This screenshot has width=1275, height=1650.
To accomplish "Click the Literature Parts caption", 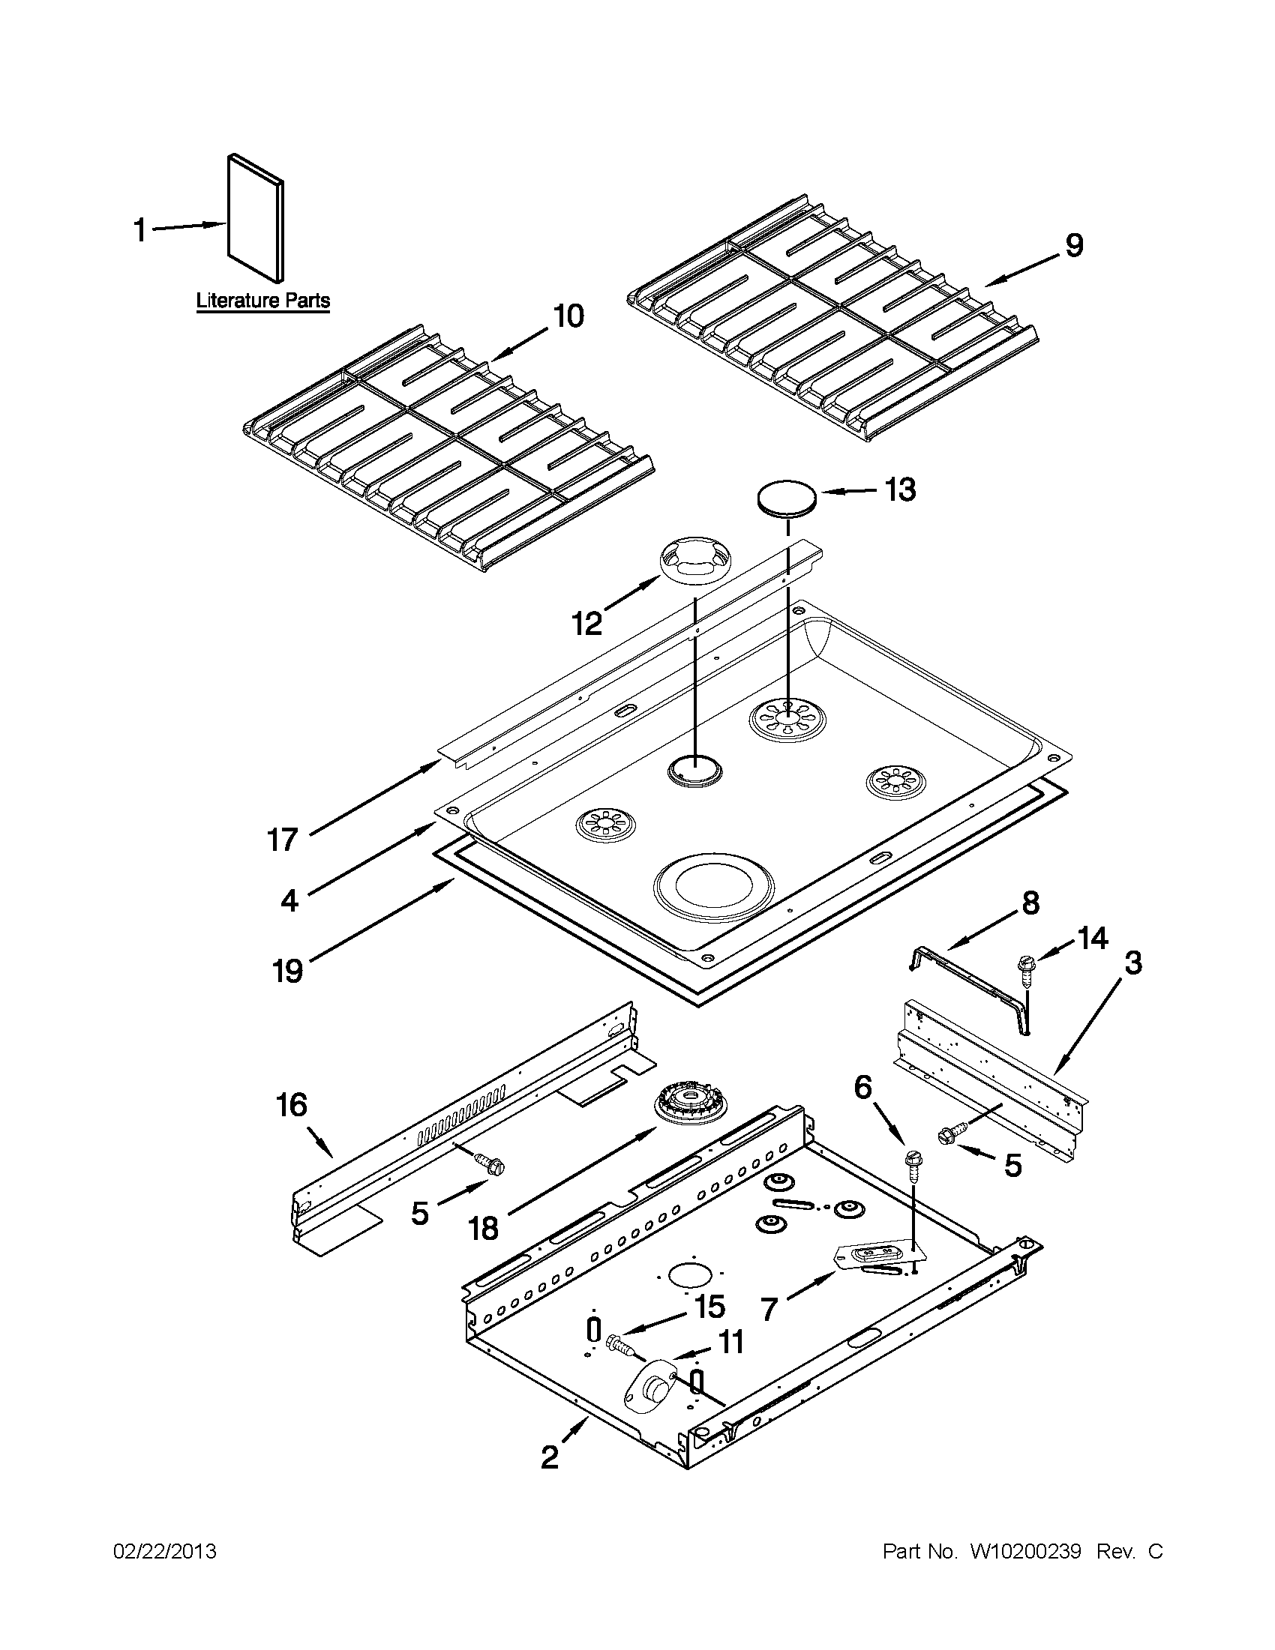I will [263, 300].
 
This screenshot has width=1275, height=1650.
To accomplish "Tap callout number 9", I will [1074, 246].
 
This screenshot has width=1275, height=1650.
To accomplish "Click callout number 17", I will [283, 840].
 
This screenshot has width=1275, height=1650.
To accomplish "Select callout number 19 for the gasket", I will [288, 970].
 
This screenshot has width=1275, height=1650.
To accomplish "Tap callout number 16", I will [292, 1105].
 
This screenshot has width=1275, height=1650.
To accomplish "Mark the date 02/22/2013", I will [165, 1552].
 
